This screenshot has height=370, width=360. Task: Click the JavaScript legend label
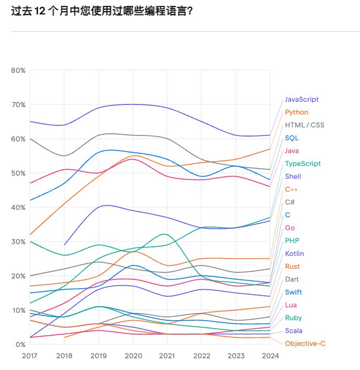coord(302,99)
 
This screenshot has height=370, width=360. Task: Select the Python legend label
coord(297,112)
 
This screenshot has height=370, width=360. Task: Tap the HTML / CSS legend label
coord(304,125)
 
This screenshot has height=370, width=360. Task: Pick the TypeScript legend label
coord(303,163)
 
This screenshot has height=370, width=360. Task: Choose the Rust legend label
coord(292,266)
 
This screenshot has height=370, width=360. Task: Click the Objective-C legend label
coord(305,343)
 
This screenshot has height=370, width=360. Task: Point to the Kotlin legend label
coord(294,253)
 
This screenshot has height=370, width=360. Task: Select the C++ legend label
coord(291,189)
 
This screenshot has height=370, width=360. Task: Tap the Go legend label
coord(290,228)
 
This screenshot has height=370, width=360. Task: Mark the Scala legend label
coord(294,330)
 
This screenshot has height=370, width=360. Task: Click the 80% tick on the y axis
coord(18,70)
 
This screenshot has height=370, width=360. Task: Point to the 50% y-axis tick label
coord(18,173)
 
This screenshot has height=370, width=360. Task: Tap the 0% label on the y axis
coord(20,344)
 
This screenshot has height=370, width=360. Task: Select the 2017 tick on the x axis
coord(30,355)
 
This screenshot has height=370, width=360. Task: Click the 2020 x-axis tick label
coord(133,355)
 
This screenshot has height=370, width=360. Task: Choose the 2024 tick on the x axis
coord(270,355)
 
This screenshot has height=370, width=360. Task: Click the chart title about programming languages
coord(102,12)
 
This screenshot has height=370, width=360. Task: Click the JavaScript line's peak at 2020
coord(133,104)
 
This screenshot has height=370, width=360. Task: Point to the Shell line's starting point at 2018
coord(64,245)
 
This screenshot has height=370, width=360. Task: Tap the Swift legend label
coord(293,292)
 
